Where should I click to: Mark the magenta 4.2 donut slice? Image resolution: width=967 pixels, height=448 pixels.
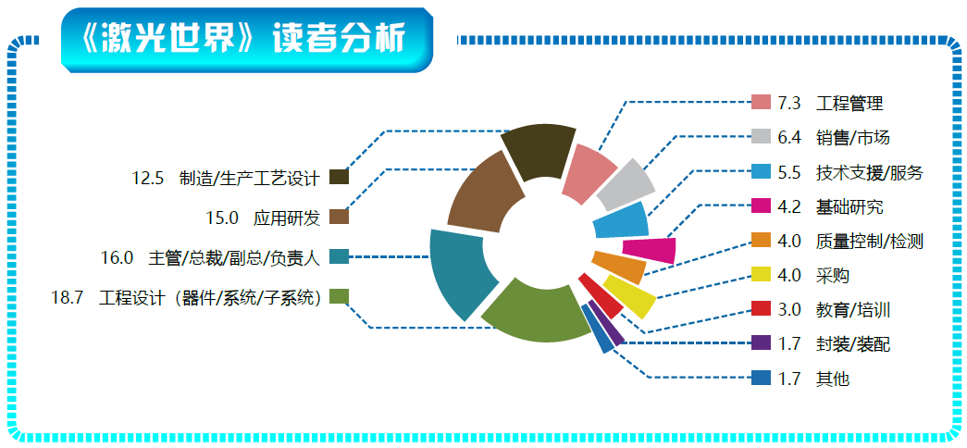[x=650, y=250]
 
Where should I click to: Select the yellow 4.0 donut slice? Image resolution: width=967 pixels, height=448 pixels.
[x=629, y=295]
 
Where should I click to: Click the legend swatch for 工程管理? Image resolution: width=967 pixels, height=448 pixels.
[x=761, y=102]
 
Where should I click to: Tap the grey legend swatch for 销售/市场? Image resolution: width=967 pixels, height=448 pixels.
[x=761, y=136]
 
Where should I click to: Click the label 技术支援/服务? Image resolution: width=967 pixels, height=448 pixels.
[x=868, y=172]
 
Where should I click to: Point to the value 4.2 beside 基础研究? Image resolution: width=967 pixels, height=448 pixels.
[x=788, y=206]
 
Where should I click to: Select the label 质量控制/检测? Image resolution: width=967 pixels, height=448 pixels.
[x=868, y=242]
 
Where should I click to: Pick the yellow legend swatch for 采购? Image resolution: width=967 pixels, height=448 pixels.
[x=761, y=275]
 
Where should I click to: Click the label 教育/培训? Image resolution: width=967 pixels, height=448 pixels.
[x=852, y=310]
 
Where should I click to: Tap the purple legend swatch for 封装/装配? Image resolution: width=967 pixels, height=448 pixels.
[x=761, y=343]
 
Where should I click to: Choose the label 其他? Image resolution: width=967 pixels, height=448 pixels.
[x=832, y=379]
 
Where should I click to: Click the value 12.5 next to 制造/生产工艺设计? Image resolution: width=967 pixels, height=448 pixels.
[x=148, y=179]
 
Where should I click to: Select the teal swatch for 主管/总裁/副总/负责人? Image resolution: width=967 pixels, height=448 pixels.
[x=340, y=256]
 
